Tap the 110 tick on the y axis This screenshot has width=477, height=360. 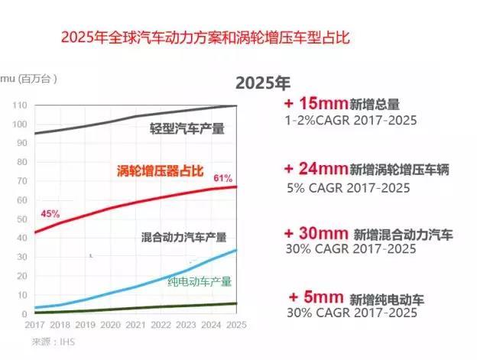pos(20,105)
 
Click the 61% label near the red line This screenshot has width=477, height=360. pos(222,178)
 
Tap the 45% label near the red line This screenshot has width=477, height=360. pos(50,213)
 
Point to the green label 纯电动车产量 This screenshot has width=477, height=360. pos(200,281)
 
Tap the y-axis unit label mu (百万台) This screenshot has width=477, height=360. pos(30,78)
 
